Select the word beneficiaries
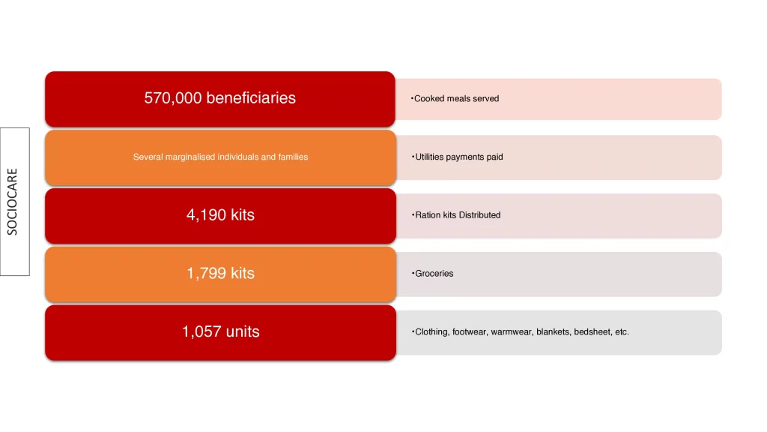click(x=251, y=98)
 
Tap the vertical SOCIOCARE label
click(x=12, y=201)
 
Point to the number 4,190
click(x=207, y=215)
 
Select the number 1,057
click(x=201, y=331)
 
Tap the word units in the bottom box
click(x=243, y=331)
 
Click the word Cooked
click(x=429, y=98)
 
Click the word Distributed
click(x=479, y=215)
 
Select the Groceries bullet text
click(x=434, y=273)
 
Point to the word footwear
click(x=469, y=331)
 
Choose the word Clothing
click(x=432, y=331)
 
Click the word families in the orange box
click(x=293, y=157)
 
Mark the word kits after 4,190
click(x=243, y=215)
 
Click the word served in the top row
click(x=486, y=98)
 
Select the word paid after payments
click(x=494, y=157)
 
